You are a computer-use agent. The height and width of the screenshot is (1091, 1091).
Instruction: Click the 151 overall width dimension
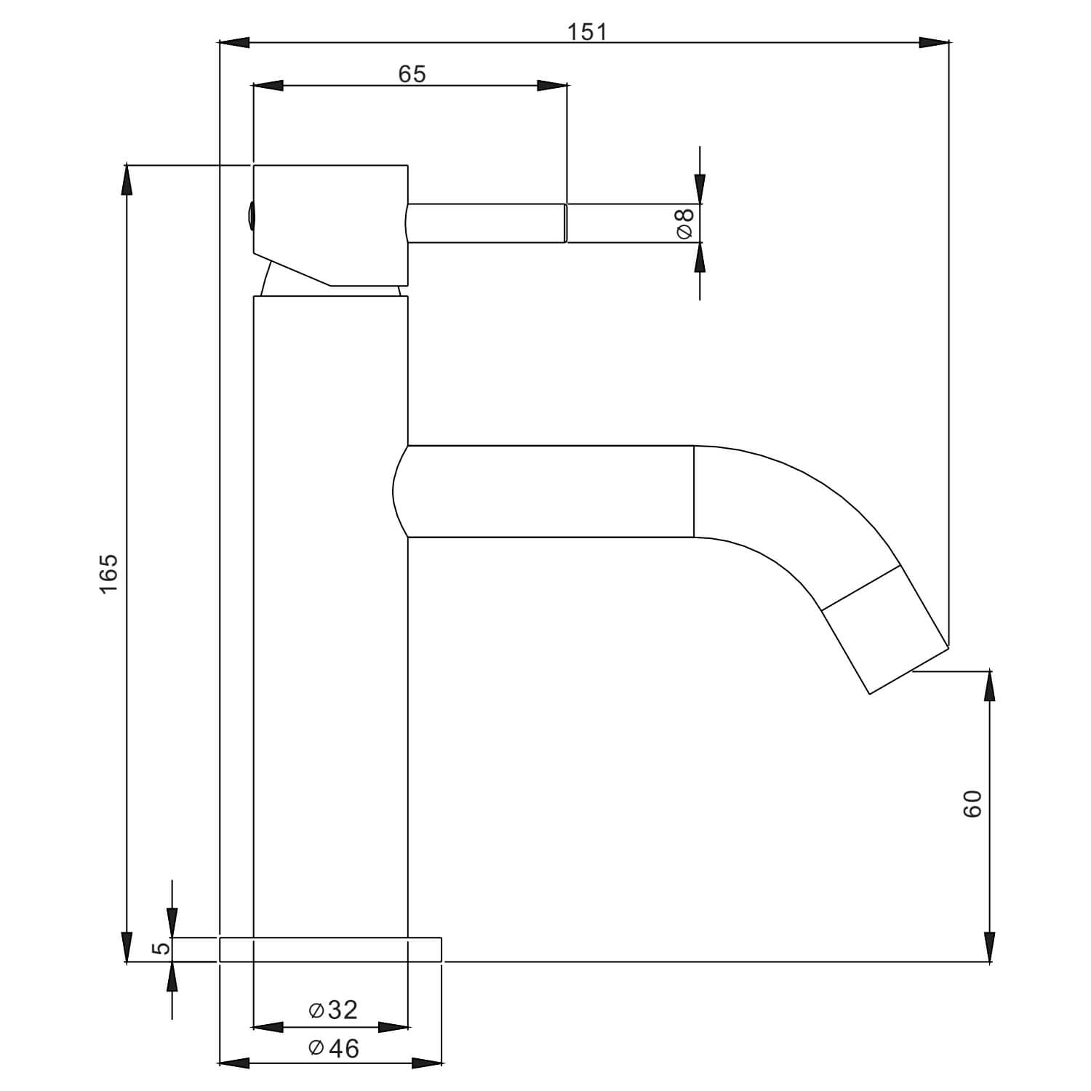coord(587,32)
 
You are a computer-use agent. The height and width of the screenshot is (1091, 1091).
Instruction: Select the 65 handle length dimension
coord(412,74)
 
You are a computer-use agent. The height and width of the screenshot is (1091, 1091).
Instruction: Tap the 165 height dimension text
coord(108,572)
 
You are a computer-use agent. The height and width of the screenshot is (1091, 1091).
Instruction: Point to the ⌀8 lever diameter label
coord(684,223)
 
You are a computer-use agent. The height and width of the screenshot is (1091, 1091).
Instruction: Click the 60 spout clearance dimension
coord(972,803)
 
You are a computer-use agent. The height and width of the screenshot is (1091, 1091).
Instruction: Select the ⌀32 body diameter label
coord(333,1010)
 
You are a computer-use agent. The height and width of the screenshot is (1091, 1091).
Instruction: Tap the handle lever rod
coord(486,223)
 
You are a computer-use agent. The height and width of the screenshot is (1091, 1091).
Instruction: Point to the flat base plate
coord(330,949)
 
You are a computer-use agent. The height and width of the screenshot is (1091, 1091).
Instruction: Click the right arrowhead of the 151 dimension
coord(934,43)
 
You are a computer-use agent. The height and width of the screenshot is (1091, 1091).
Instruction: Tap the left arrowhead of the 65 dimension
coord(268,86)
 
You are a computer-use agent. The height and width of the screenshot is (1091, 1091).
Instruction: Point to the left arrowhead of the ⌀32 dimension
coord(268,1027)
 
